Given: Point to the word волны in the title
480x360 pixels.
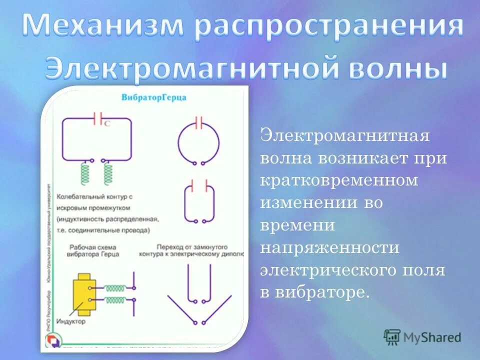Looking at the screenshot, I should coord(397,68).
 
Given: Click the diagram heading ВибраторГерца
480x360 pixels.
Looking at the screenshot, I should coord(153,98).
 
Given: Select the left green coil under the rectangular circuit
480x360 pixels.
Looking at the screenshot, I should coord(86,173).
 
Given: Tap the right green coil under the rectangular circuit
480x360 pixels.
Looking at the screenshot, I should coord(108,173).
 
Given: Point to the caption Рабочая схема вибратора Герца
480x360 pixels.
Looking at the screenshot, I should coord(92,250).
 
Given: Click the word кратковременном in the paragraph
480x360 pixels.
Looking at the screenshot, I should coord(338,180).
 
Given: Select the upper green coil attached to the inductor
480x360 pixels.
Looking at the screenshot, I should coord(115,288).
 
